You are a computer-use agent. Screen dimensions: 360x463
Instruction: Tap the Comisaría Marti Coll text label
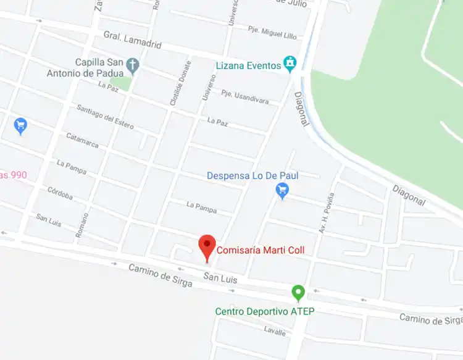(260, 251)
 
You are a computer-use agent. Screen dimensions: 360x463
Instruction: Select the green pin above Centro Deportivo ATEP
(298, 292)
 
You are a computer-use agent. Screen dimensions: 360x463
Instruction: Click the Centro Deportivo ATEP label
(264, 311)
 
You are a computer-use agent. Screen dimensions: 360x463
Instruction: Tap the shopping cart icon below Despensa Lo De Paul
(282, 191)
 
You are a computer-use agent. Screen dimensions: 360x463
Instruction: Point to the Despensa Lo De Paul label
(252, 176)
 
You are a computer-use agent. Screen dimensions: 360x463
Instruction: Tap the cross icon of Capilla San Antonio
(132, 64)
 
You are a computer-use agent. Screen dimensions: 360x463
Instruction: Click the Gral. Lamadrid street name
(132, 40)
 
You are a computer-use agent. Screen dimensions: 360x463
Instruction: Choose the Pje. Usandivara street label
(246, 97)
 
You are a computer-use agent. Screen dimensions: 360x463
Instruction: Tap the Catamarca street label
(82, 141)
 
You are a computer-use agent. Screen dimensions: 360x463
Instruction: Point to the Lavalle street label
(275, 332)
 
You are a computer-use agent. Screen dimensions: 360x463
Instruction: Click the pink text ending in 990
(13, 175)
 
